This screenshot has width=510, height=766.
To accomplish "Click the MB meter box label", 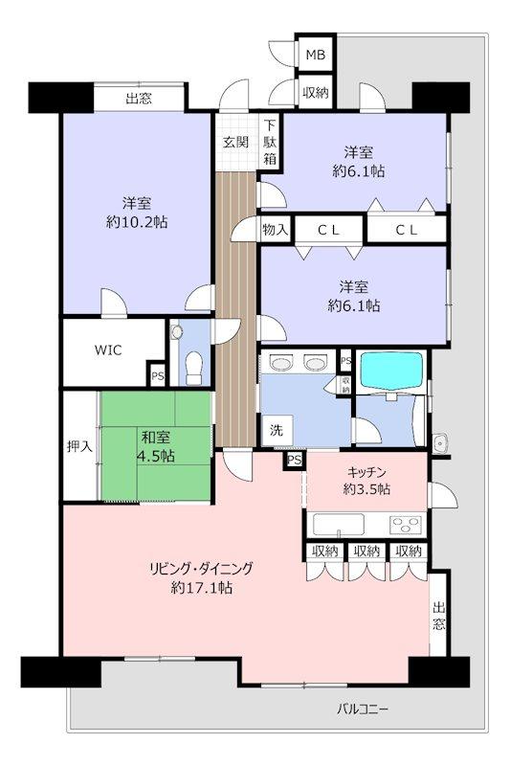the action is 315,55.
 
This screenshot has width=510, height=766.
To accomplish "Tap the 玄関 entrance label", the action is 236,142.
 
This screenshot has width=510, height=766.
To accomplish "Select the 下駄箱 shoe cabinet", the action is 270,142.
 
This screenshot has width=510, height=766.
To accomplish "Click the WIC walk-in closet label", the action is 108,349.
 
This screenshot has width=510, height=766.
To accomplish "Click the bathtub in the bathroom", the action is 391,371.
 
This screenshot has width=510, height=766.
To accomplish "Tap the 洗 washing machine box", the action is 277,430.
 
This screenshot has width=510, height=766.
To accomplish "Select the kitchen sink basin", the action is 338,525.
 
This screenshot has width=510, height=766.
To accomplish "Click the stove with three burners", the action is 405,525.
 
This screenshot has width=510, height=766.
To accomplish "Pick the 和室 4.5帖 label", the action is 156,445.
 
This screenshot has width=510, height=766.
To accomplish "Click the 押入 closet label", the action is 79,446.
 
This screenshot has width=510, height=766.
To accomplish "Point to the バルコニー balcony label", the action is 362,709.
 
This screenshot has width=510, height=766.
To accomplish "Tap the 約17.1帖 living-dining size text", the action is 201,587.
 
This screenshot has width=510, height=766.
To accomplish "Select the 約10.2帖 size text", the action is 137,222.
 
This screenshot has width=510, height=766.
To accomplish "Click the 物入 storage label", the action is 276,229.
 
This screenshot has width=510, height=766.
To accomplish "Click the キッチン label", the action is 366,472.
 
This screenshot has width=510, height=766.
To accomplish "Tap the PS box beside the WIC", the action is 157,375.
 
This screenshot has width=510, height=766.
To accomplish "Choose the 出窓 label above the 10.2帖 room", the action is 139,99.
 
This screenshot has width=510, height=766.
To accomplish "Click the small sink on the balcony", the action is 440,443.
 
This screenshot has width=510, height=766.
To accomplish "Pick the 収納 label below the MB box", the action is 315,92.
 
